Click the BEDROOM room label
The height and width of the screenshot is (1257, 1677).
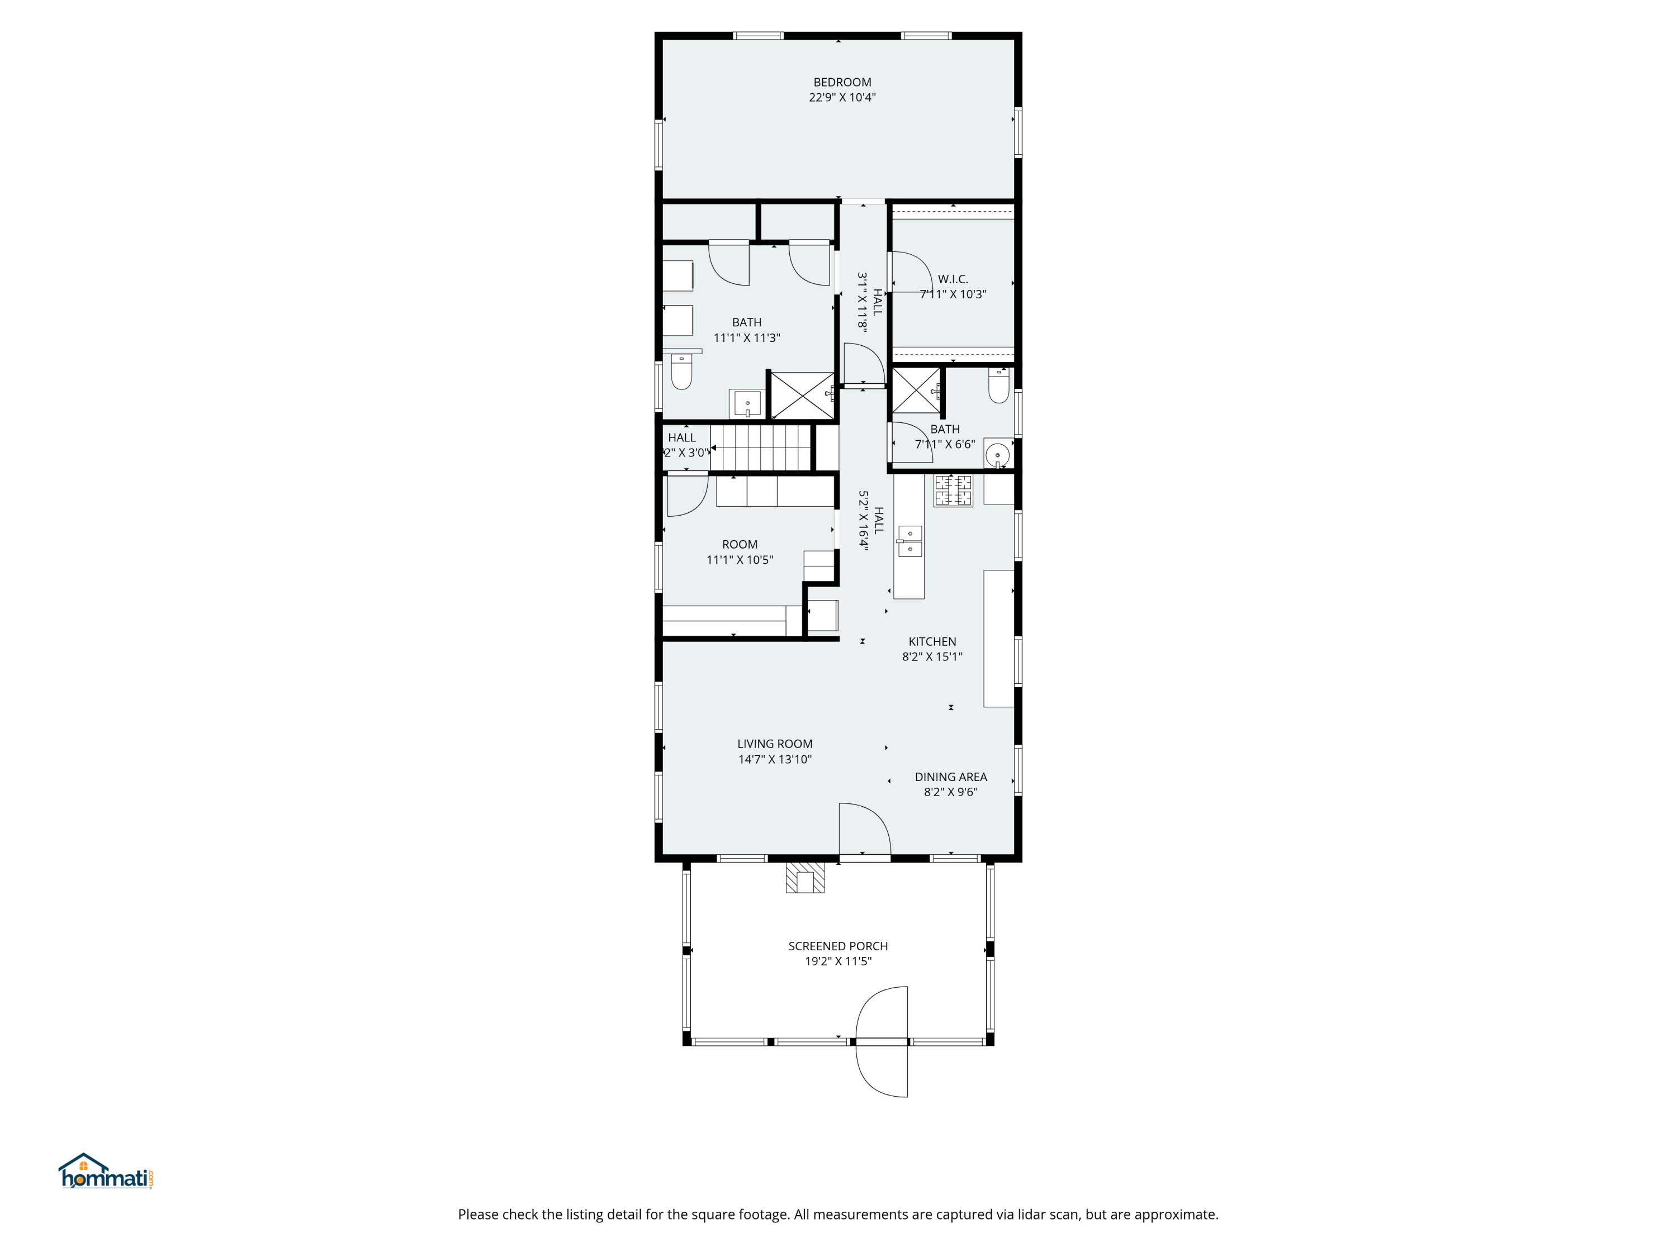pos(842,82)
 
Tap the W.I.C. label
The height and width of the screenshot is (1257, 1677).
pos(953,279)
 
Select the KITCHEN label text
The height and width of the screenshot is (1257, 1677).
pos(932,641)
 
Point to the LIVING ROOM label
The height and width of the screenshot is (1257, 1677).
pos(775,743)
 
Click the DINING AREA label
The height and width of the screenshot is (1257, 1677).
pos(951,776)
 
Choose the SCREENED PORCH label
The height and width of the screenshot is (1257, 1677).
pos(838,946)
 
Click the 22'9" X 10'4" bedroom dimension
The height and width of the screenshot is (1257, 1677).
pos(842,97)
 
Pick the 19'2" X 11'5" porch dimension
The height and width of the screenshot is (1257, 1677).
pos(838,961)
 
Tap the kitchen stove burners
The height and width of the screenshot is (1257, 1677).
pos(953,490)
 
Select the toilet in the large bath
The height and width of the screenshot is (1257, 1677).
pos(681,372)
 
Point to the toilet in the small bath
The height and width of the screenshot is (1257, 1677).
pos(998,385)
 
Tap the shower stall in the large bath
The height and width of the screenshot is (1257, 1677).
pos(802,395)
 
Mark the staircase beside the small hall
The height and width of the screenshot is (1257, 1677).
pos(761,448)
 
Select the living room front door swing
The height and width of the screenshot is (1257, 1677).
pos(864,830)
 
